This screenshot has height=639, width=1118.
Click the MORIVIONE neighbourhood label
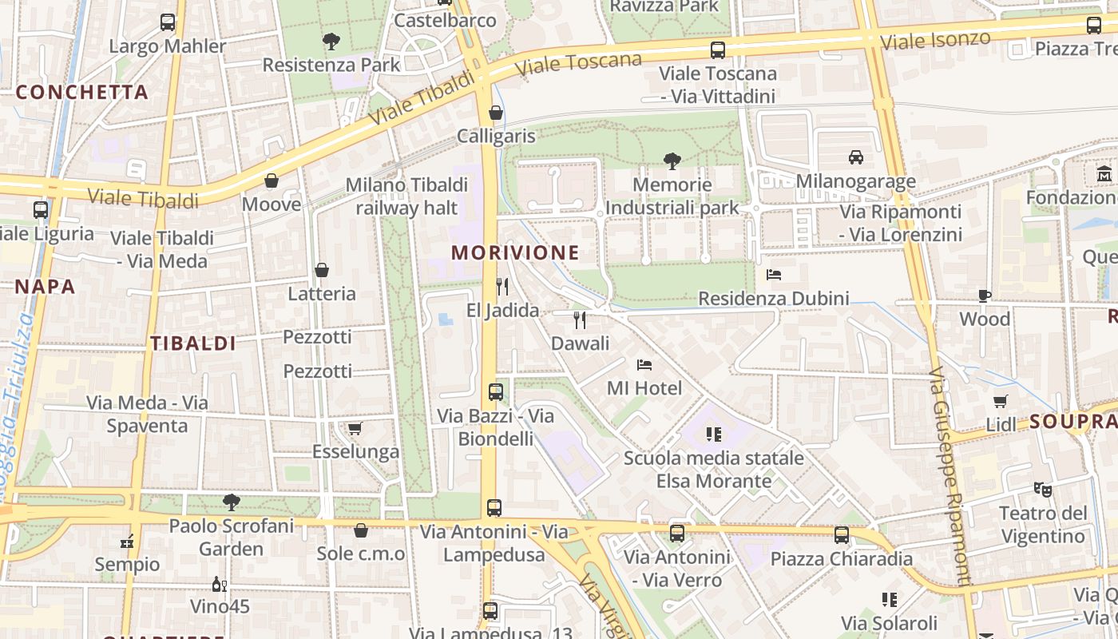[515, 253]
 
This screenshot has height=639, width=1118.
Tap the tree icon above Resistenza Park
[331, 42]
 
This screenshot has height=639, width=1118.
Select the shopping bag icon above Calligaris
[495, 113]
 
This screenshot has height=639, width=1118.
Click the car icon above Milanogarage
[856, 157]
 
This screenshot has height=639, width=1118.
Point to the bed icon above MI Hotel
[644, 365]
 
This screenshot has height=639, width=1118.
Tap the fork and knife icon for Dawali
[580, 320]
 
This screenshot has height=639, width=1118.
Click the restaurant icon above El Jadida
[502, 287]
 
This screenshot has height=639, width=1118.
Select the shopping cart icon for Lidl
[1000, 401]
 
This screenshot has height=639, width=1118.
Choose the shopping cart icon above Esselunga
[355, 429]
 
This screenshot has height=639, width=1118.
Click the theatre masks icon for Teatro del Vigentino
[1042, 489]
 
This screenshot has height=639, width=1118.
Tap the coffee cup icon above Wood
[985, 296]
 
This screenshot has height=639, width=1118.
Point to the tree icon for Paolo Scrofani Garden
[232, 502]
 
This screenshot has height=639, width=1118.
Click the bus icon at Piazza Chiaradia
[842, 535]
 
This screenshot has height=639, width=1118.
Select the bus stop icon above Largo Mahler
[168, 22]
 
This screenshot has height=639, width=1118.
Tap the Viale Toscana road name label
[578, 64]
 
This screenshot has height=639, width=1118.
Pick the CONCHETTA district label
[82, 92]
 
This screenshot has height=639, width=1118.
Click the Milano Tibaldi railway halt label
[406, 196]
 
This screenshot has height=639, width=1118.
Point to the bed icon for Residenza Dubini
[773, 275]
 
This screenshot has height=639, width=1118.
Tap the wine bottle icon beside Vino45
[219, 585]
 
